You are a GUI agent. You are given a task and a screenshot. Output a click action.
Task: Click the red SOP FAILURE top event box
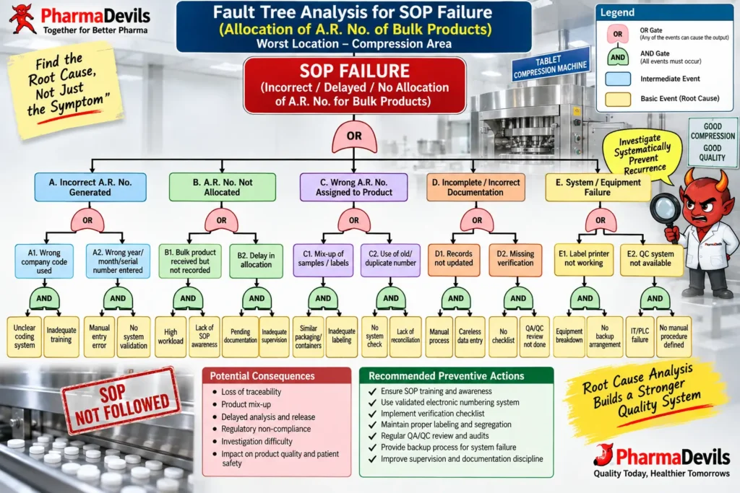(x=354, y=86)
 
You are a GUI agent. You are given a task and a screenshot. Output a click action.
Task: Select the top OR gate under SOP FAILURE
(x=354, y=136)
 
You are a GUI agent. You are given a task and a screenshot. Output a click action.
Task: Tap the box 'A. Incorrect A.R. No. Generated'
(x=90, y=187)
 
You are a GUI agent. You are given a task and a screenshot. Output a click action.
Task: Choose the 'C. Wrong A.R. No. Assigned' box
(x=354, y=187)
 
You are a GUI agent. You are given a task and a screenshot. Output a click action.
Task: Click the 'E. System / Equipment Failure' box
(x=598, y=187)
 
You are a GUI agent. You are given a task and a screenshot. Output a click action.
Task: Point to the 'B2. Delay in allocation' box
(x=257, y=261)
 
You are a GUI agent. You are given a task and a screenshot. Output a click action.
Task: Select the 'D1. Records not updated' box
(x=454, y=259)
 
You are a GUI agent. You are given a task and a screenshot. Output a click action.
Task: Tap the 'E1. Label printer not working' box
(x=584, y=259)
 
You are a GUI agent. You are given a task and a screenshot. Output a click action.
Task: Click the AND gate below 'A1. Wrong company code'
(x=44, y=298)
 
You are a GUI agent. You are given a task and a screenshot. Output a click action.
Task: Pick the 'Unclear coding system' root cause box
(x=25, y=336)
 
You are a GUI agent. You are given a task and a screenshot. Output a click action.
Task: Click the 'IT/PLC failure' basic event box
(x=640, y=336)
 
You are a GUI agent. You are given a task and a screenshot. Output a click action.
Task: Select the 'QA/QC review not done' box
(x=534, y=336)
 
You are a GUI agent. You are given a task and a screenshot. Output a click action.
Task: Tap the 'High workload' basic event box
(x=171, y=336)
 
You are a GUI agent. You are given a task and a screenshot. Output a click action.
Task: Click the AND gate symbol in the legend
(x=618, y=57)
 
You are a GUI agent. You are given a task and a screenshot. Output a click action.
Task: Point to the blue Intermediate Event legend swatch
(x=619, y=79)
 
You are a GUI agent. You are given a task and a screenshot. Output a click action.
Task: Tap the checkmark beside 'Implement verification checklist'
(x=372, y=414)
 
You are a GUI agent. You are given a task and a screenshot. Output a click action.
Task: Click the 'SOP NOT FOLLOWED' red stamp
(x=121, y=401)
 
